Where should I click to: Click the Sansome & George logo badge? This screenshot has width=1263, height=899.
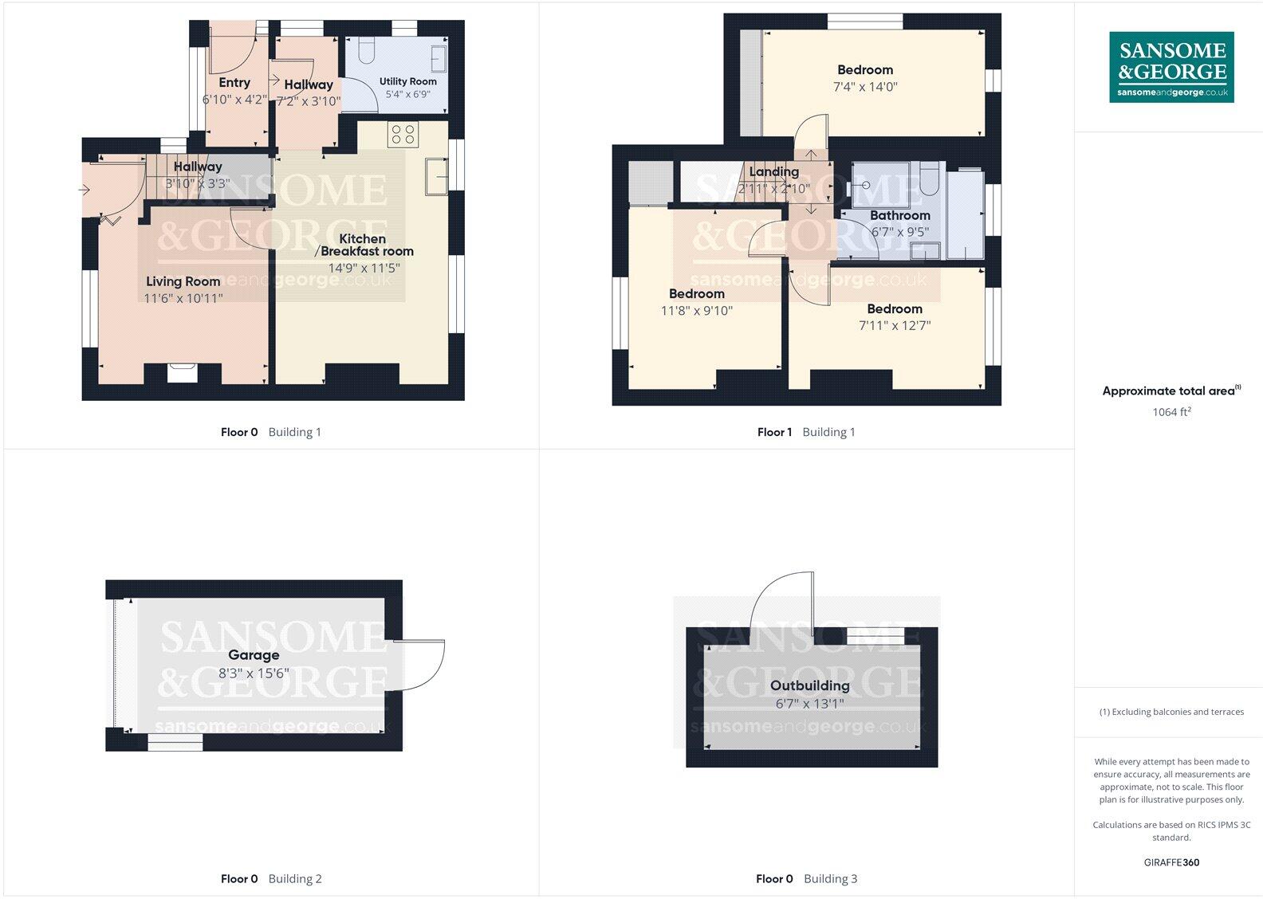[x=1171, y=67]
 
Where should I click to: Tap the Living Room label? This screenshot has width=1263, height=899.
[x=183, y=281]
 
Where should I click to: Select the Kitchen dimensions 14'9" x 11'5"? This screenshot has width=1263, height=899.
[x=364, y=269]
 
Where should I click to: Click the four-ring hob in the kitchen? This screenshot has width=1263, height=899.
[x=403, y=134]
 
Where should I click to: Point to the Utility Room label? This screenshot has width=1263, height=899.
[x=407, y=81]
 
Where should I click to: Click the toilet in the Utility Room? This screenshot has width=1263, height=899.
[x=366, y=52]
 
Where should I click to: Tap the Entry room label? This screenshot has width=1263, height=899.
[x=234, y=82]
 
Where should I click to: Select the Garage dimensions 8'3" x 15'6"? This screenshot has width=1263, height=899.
[x=254, y=673]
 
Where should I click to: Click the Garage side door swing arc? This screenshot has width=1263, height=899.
[x=421, y=664]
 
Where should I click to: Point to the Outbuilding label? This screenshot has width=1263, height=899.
[x=809, y=685]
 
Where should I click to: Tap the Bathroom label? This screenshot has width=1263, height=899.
[x=899, y=215]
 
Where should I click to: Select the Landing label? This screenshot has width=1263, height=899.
[x=773, y=171]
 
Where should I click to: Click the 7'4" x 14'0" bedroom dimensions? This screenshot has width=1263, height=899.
[x=865, y=87]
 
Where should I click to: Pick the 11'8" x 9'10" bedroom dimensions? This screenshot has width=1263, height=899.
[x=696, y=311]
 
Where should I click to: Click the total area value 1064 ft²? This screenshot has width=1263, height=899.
[x=1171, y=412]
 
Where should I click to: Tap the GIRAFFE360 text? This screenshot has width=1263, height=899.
[x=1171, y=862]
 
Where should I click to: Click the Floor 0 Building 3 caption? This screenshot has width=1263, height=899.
[x=806, y=879]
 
